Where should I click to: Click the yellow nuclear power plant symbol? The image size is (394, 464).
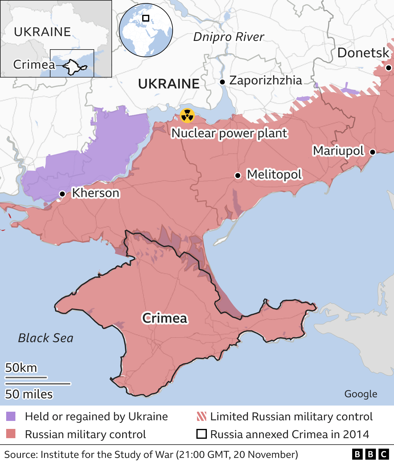[x=187, y=116]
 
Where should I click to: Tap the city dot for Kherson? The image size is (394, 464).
[x=62, y=194]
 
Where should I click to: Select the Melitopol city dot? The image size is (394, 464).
[x=238, y=175]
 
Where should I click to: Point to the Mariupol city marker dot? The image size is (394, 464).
[x=372, y=152]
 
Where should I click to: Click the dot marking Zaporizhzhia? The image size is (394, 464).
[x=222, y=82]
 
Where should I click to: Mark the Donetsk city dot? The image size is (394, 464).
[x=388, y=68]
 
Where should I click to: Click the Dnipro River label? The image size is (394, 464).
[x=228, y=37]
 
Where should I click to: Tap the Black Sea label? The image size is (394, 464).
[x=46, y=338]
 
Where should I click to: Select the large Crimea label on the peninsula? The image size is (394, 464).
[x=165, y=318]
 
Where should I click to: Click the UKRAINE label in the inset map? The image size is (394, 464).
[x=42, y=32]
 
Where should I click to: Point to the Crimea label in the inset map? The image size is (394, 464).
[x=34, y=65]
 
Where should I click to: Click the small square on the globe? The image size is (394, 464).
[x=146, y=18]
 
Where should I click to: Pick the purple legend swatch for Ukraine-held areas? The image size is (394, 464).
[x=11, y=417]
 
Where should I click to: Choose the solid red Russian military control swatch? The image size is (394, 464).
[x=11, y=434]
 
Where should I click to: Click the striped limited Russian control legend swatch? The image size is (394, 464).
[x=201, y=417]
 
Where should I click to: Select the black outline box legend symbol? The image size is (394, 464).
[x=201, y=434]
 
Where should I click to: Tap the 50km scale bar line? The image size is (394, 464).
[x=26, y=377]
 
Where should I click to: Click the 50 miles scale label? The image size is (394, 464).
[x=29, y=394]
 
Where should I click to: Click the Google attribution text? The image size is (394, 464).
[x=360, y=394]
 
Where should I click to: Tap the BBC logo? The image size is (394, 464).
[x=371, y=454]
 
